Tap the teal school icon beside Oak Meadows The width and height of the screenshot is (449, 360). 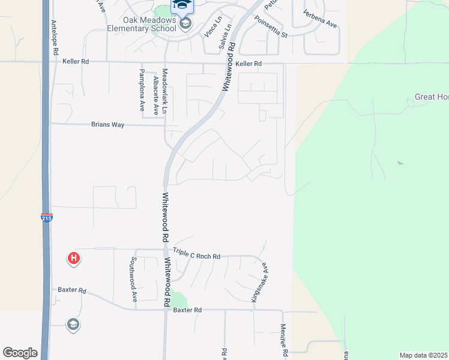185,24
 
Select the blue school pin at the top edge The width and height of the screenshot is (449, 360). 182,6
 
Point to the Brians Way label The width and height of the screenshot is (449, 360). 107,125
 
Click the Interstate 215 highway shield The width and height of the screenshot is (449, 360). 47,218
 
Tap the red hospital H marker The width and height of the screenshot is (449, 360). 73,259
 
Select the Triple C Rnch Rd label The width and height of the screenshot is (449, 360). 196,256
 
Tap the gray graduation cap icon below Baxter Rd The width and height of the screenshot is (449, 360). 73,325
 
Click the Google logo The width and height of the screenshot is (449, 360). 20,353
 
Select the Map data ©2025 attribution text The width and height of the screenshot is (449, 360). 424,355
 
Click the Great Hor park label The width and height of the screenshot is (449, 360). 431,97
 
